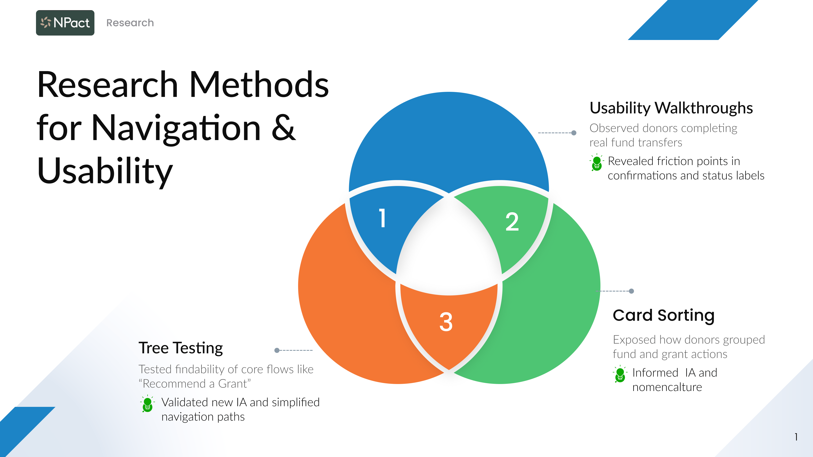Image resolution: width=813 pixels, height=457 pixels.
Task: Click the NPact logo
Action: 65,23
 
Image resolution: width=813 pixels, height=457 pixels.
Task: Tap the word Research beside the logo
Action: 130,23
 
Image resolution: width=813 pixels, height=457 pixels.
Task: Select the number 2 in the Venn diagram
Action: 512,222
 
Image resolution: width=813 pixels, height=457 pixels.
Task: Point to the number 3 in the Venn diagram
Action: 446,322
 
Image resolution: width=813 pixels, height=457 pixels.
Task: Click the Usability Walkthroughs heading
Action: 671,108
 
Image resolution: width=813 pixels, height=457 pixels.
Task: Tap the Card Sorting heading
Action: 663,315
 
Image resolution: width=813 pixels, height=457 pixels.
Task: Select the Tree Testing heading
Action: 181,348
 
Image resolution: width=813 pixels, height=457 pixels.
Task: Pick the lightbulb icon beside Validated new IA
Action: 147,404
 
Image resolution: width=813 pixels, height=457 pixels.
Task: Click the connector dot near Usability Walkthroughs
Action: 574,133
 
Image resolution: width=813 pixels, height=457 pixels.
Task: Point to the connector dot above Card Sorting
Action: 631,291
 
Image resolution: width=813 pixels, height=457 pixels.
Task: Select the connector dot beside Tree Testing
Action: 277,350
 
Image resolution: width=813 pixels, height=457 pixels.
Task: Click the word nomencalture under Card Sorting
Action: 667,387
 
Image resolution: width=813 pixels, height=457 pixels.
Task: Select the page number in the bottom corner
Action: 796,437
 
